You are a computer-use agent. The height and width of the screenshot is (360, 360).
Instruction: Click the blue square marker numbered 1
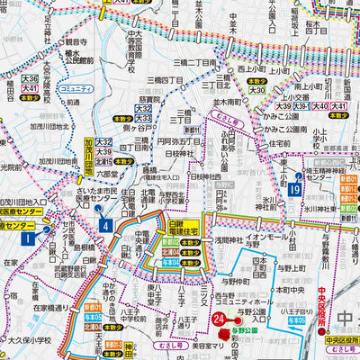28,238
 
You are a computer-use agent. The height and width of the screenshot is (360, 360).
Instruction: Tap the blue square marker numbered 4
106,225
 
